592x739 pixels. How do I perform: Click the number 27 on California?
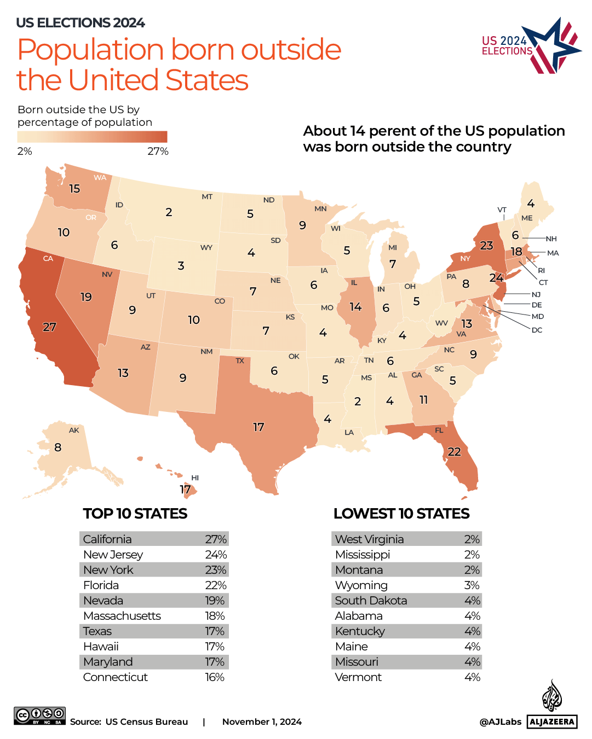click(49, 327)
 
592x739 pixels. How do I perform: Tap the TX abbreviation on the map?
click(240, 361)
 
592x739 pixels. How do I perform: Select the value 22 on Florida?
click(454, 452)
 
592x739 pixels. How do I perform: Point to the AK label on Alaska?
click(74, 430)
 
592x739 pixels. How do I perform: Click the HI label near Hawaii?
click(195, 478)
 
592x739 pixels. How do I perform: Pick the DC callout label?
click(537, 330)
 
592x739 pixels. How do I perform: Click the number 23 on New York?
click(486, 246)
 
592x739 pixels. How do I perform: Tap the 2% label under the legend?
click(25, 152)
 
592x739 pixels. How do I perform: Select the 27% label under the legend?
click(158, 152)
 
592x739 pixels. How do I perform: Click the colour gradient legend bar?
click(92, 137)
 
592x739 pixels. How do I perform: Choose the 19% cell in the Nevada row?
click(215, 601)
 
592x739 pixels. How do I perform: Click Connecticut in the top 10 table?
click(116, 677)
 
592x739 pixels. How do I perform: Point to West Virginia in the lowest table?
click(369, 539)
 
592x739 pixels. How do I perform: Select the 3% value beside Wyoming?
click(472, 585)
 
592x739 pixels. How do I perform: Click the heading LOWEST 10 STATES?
click(401, 514)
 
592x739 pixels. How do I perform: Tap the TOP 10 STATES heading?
click(135, 514)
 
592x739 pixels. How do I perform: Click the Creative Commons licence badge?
click(40, 715)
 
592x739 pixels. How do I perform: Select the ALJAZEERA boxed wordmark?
click(552, 721)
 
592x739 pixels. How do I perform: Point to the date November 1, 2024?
click(262, 722)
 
